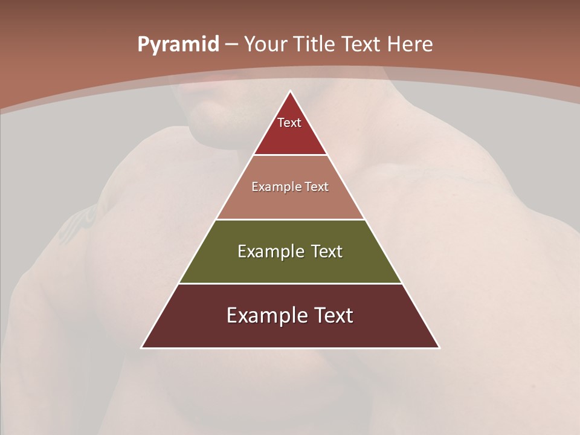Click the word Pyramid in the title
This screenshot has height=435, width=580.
[x=178, y=45]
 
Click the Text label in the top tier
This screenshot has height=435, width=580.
[x=289, y=123]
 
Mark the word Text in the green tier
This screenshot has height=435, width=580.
[x=327, y=251]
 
